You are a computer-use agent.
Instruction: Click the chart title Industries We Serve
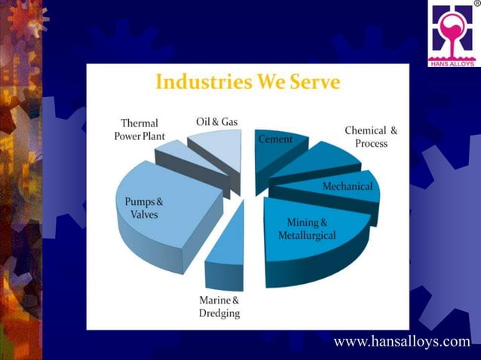coord(248,82)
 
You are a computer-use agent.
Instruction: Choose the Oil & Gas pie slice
coord(219,147)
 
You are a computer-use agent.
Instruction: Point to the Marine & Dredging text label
coord(219,307)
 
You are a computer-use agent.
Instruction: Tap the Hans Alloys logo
coord(453,35)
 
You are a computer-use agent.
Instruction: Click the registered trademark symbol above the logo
coord(476,4)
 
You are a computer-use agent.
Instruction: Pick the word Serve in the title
coord(313,82)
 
